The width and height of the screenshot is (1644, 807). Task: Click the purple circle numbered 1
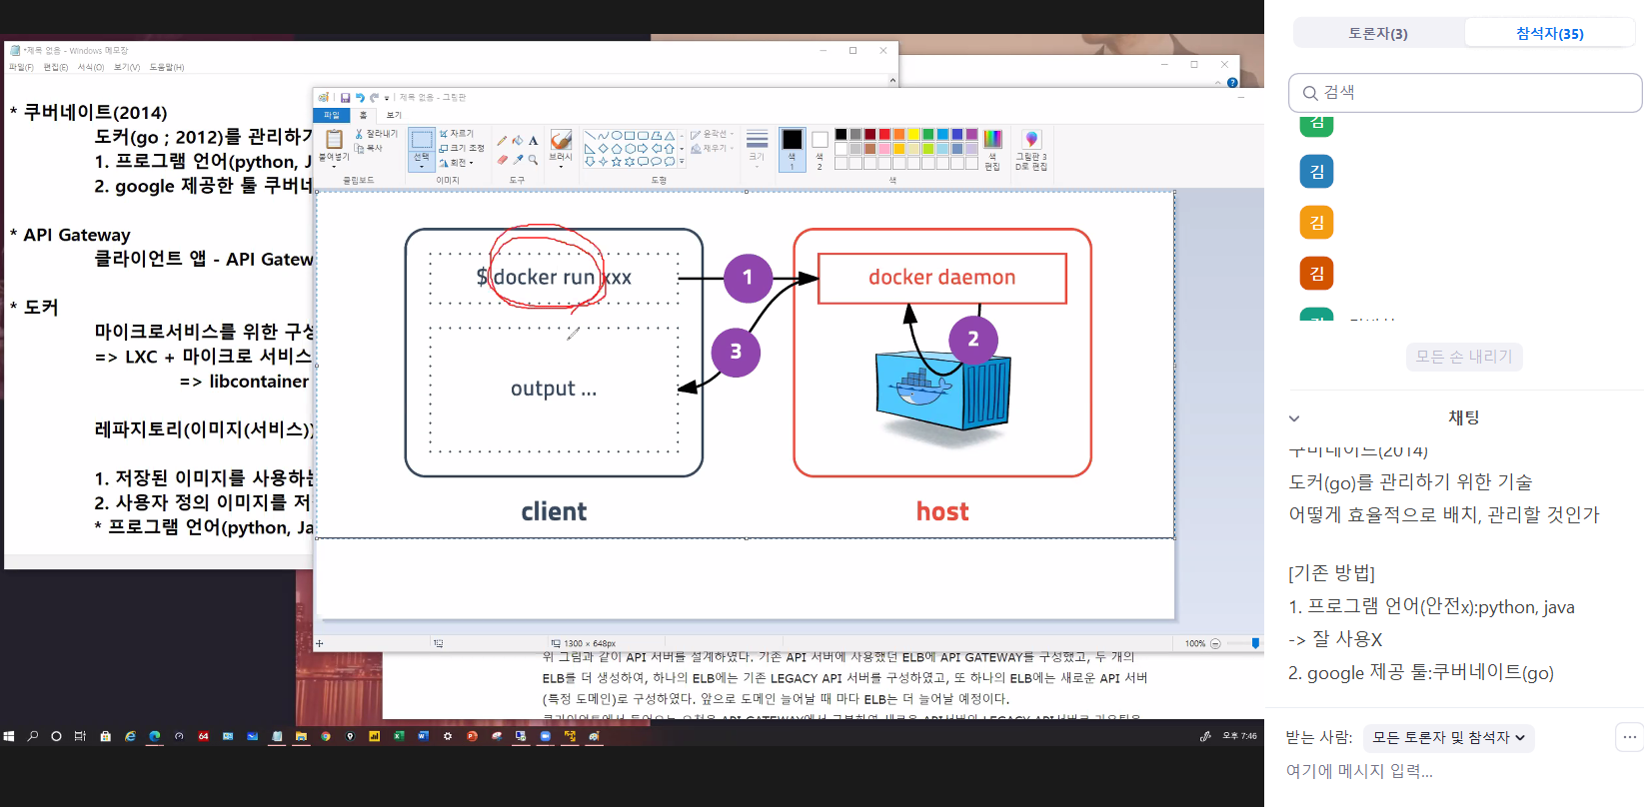(x=748, y=278)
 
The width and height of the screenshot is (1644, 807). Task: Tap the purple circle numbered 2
(x=972, y=340)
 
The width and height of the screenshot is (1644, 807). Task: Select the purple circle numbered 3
(x=736, y=352)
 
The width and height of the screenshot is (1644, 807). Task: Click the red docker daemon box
(x=941, y=278)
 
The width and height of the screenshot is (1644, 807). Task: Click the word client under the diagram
(x=554, y=512)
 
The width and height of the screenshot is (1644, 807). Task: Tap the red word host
(x=942, y=512)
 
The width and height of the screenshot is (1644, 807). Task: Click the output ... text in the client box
(x=553, y=389)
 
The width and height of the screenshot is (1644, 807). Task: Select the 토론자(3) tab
(x=1378, y=33)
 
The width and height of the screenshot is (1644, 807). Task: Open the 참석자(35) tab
(x=1549, y=33)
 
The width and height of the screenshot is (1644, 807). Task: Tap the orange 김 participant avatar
(x=1316, y=223)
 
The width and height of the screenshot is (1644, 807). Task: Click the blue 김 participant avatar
(x=1316, y=172)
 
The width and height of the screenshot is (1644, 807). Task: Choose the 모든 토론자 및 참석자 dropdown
(x=1448, y=738)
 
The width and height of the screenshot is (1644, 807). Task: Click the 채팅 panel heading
(x=1463, y=417)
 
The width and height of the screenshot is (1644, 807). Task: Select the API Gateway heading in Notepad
(x=77, y=235)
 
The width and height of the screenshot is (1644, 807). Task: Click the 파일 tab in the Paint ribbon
(x=332, y=115)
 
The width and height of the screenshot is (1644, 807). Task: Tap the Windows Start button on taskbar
(x=9, y=736)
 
